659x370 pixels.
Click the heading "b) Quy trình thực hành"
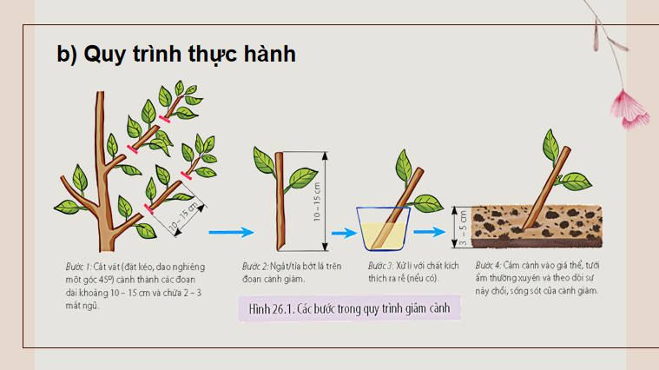coord(176,54)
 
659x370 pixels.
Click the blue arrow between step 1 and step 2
coord(230,232)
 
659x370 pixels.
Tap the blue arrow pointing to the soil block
coord(432,232)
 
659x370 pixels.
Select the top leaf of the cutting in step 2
coord(264,158)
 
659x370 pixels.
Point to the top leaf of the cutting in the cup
coord(405,163)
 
